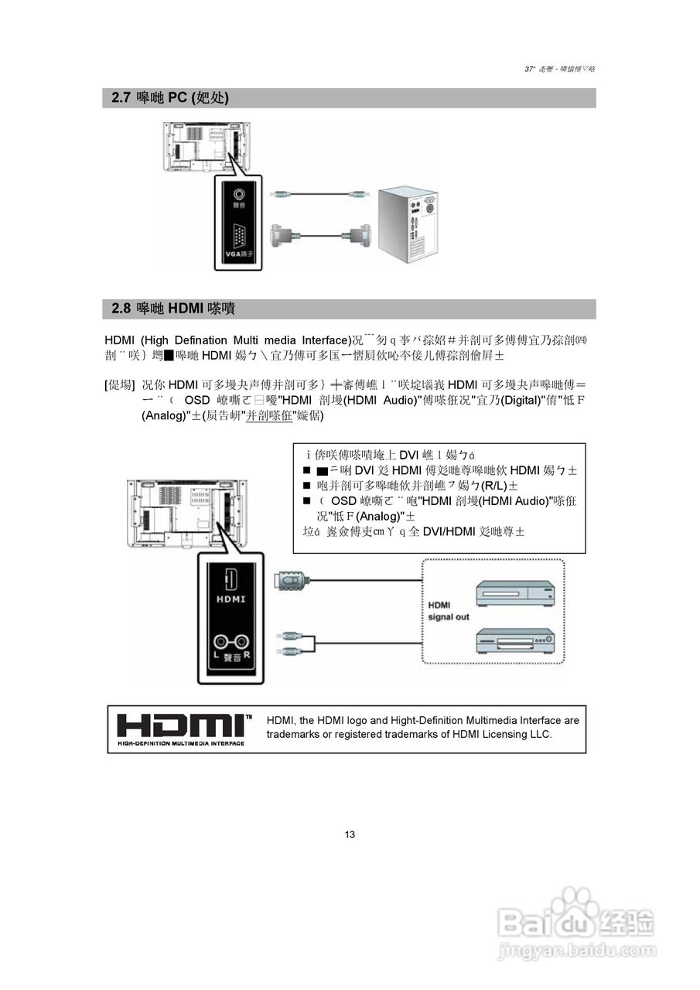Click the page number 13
click(x=350, y=835)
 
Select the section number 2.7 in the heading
click(x=121, y=98)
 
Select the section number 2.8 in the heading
click(x=121, y=309)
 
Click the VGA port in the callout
click(x=238, y=235)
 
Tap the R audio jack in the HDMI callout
click(x=242, y=641)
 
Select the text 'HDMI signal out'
click(x=449, y=611)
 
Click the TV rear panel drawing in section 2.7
click(x=203, y=147)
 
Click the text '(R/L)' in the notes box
click(x=493, y=486)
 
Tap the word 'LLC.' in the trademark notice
click(x=540, y=734)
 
